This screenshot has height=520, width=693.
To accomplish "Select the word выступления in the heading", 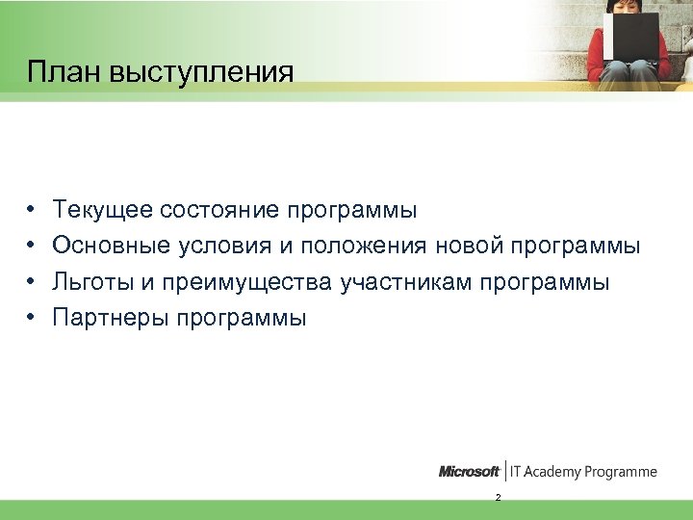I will coord(199,74).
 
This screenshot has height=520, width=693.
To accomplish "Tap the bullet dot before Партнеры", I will coord(32,318).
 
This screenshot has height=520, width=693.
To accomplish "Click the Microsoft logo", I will coord(469,472).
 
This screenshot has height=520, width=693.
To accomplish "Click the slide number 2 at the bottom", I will coord(497,498).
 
